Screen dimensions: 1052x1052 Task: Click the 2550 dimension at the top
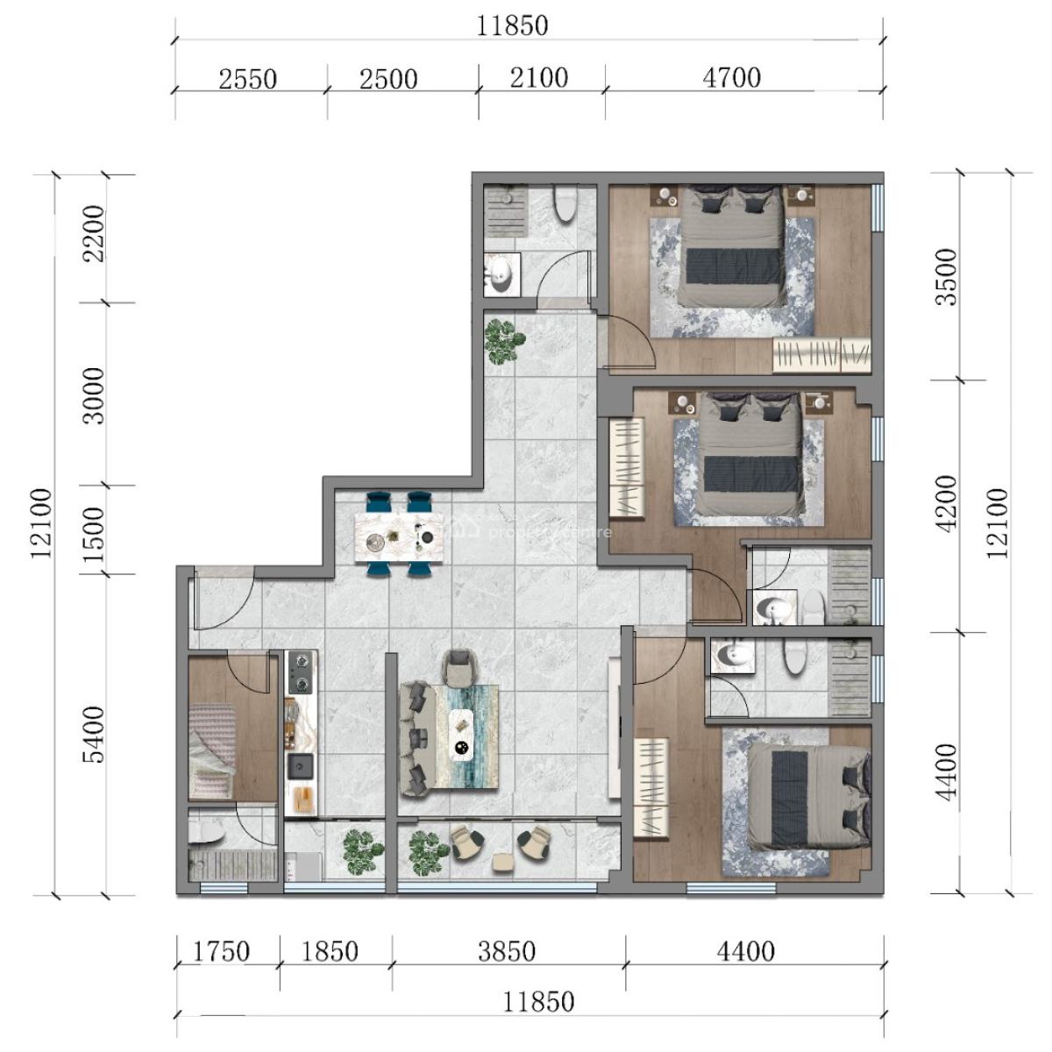coord(247,80)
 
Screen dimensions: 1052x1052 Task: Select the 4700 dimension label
coord(731,78)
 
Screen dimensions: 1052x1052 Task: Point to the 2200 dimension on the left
coord(91,233)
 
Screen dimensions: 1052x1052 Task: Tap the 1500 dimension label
coord(91,528)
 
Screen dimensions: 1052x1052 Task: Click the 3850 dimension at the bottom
coord(507,951)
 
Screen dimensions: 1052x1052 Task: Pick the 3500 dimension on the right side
coord(948,277)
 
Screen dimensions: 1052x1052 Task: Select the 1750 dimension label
coord(221,951)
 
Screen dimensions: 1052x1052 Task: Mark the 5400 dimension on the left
coord(91,735)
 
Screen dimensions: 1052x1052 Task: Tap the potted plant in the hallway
coord(503,340)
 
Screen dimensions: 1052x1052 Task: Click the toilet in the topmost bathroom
coord(566,205)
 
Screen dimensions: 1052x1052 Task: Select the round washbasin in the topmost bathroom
coord(501,274)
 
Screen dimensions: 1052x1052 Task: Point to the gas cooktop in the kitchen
coord(302,671)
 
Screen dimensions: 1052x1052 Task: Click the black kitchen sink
coord(301,765)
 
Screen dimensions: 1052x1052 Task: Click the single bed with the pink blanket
coord(212,751)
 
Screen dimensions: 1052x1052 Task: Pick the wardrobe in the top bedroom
coord(821,356)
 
